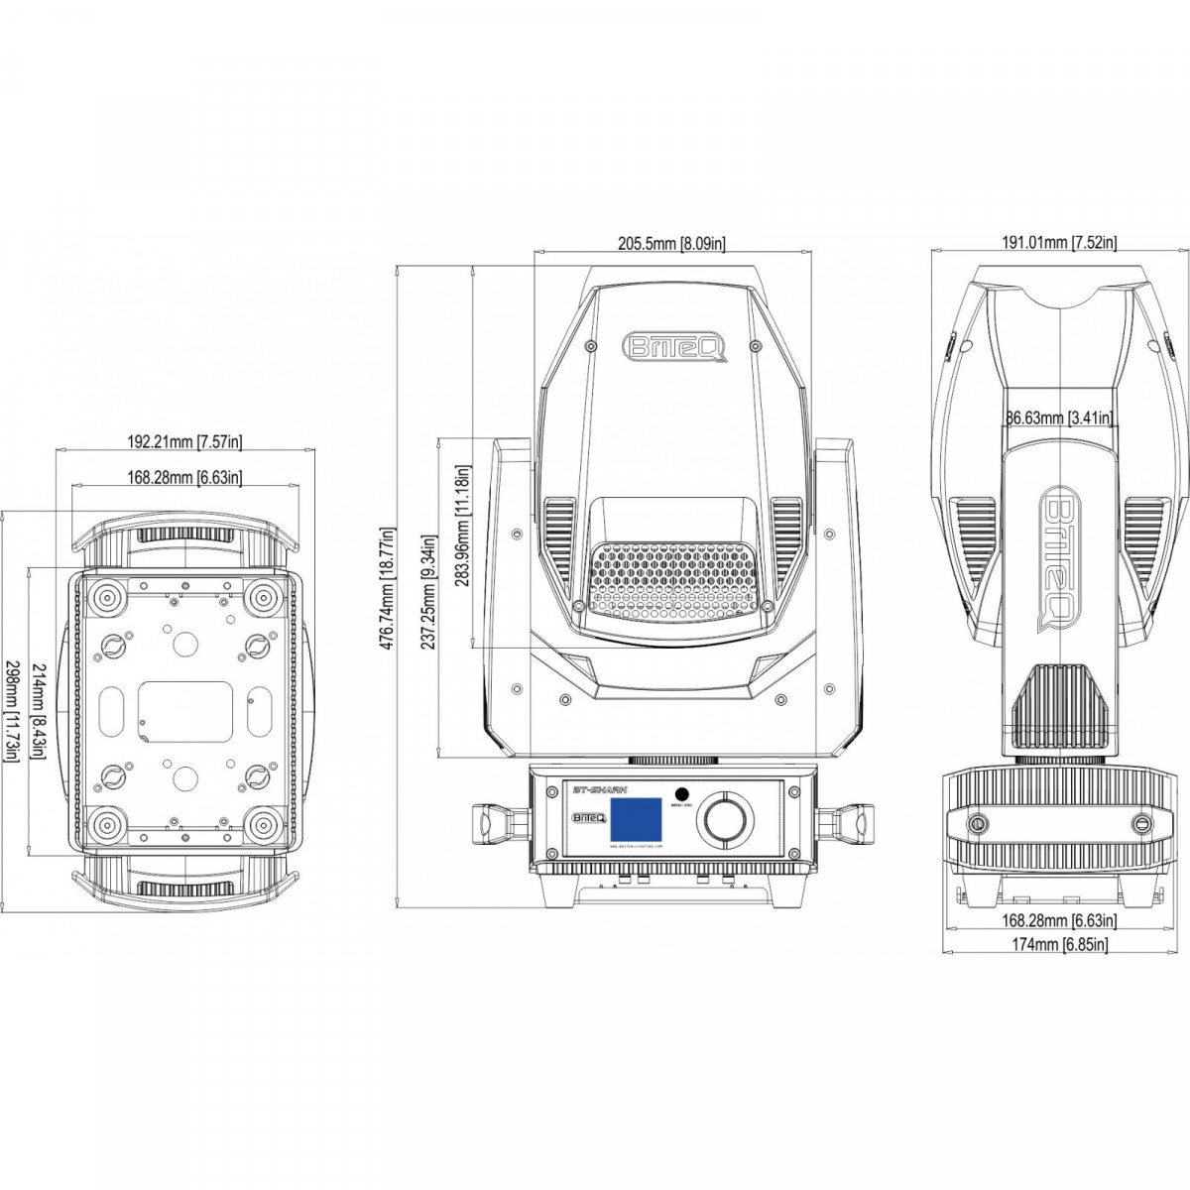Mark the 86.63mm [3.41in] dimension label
(1060, 418)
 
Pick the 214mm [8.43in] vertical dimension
(38, 711)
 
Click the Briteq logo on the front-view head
(674, 346)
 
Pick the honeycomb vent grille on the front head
(673, 584)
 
